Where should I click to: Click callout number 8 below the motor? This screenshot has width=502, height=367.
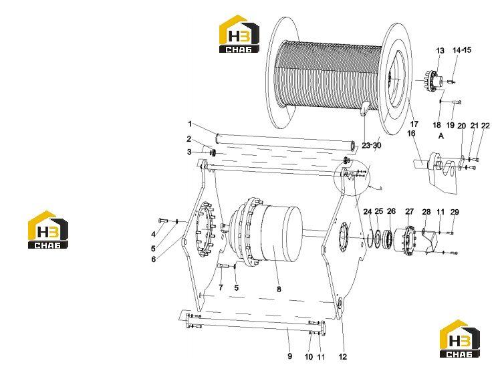279,289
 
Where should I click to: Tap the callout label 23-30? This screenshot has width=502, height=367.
372,145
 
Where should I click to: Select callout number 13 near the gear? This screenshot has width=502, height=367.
441,51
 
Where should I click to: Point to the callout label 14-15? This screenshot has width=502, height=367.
462,50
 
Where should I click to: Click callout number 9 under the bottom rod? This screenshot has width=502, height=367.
289,356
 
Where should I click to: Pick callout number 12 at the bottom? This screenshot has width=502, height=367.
342,357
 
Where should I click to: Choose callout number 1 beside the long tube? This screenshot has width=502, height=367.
190,124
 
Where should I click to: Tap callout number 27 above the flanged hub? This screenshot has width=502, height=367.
410,212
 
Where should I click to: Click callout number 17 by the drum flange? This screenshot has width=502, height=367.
414,124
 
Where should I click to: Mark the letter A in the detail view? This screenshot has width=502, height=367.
441,136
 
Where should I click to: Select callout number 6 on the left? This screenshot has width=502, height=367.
154,259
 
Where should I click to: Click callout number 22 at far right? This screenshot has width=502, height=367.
485,126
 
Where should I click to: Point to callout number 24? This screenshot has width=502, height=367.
368,212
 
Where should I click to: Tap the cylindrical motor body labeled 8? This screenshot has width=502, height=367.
281,233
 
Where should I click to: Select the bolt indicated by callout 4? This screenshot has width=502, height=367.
163,221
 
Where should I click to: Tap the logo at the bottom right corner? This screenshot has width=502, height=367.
459,339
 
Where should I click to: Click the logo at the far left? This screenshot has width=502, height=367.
48,229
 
